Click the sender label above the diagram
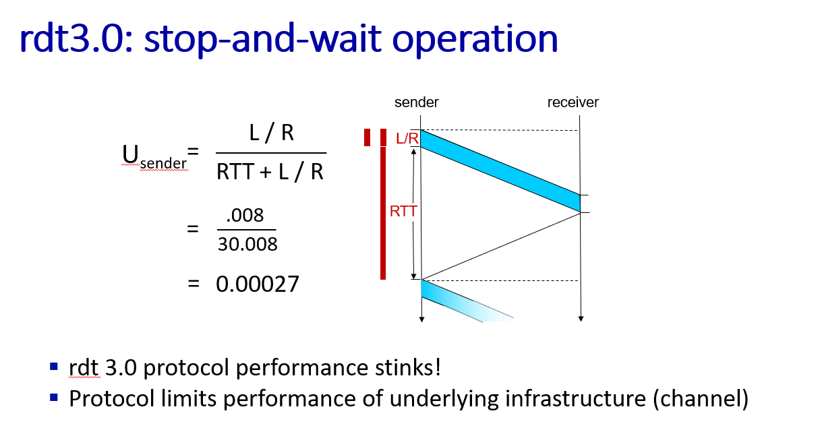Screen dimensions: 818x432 click(x=416, y=102)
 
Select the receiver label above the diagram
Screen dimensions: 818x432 click(x=573, y=102)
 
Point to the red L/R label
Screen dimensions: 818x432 click(x=407, y=138)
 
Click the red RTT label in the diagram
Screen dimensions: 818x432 click(x=403, y=211)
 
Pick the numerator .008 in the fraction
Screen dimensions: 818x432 click(x=245, y=215)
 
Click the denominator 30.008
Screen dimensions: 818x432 click(x=247, y=244)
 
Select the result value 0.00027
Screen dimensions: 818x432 click(x=258, y=284)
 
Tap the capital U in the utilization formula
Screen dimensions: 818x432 click(x=130, y=154)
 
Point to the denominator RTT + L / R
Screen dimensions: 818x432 click(x=270, y=171)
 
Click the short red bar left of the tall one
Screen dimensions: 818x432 click(x=367, y=137)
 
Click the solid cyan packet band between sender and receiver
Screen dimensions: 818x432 click(x=500, y=171)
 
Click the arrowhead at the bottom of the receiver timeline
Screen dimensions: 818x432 click(x=581, y=319)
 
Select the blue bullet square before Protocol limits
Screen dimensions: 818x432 click(x=54, y=397)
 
